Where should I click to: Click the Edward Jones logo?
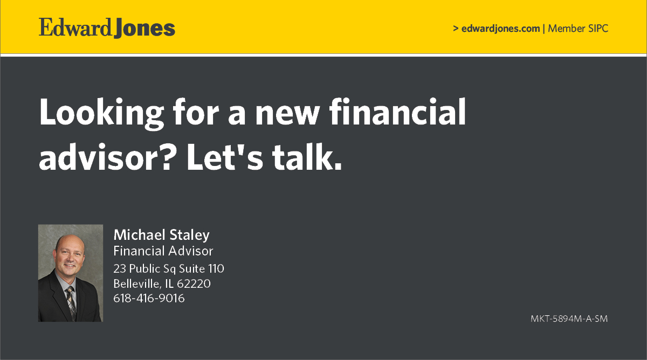tap(107, 27)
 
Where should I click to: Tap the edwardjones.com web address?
tap(500, 29)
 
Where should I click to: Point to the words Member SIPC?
tap(578, 29)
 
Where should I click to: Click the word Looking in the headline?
tap(101, 114)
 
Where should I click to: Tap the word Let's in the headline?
tap(225, 157)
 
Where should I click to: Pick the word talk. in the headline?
tap(307, 157)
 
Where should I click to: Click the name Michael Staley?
tap(161, 235)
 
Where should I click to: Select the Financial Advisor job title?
tap(163, 251)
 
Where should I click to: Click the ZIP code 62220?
tap(194, 284)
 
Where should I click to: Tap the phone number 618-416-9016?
tap(149, 298)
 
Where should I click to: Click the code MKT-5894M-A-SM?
tap(569, 319)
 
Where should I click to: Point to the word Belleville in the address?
tap(137, 283)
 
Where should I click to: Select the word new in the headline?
tap(287, 114)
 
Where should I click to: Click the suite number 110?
tap(216, 269)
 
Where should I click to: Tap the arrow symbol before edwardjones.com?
tap(456, 28)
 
